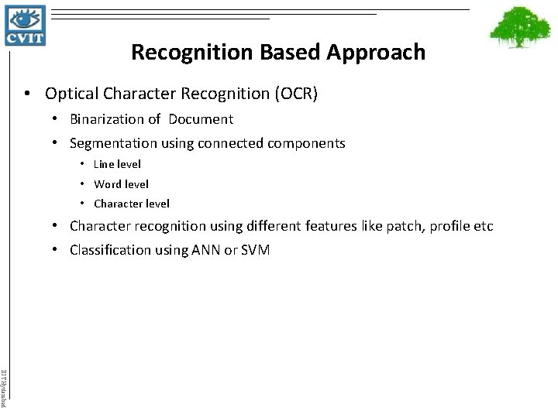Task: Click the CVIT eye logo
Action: [x=26, y=26]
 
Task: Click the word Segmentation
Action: [x=108, y=143]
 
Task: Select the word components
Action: [x=306, y=143]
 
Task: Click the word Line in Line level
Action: [x=104, y=164]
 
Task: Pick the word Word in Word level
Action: [x=107, y=184]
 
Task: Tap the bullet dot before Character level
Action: [x=81, y=204]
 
